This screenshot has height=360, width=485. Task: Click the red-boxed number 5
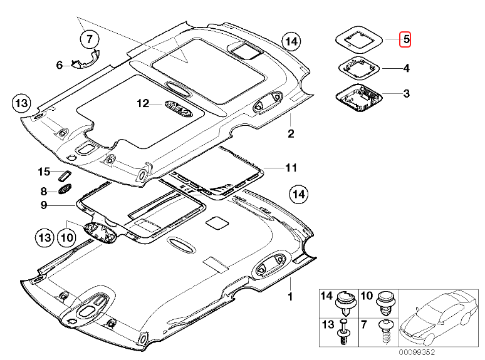tap(405, 39)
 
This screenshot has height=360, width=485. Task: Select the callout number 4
tap(405, 68)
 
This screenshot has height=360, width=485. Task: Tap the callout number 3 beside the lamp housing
tap(405, 94)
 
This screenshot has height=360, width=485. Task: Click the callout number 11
tap(290, 168)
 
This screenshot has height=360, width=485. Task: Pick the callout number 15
tap(43, 172)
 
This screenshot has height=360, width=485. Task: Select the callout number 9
tap(44, 205)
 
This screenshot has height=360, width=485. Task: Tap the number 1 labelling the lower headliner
tap(290, 294)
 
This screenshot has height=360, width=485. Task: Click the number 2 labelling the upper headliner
tap(291, 133)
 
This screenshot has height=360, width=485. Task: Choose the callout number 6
tap(60, 64)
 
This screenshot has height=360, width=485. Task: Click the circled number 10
tap(66, 237)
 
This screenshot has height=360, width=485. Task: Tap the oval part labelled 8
tap(65, 190)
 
